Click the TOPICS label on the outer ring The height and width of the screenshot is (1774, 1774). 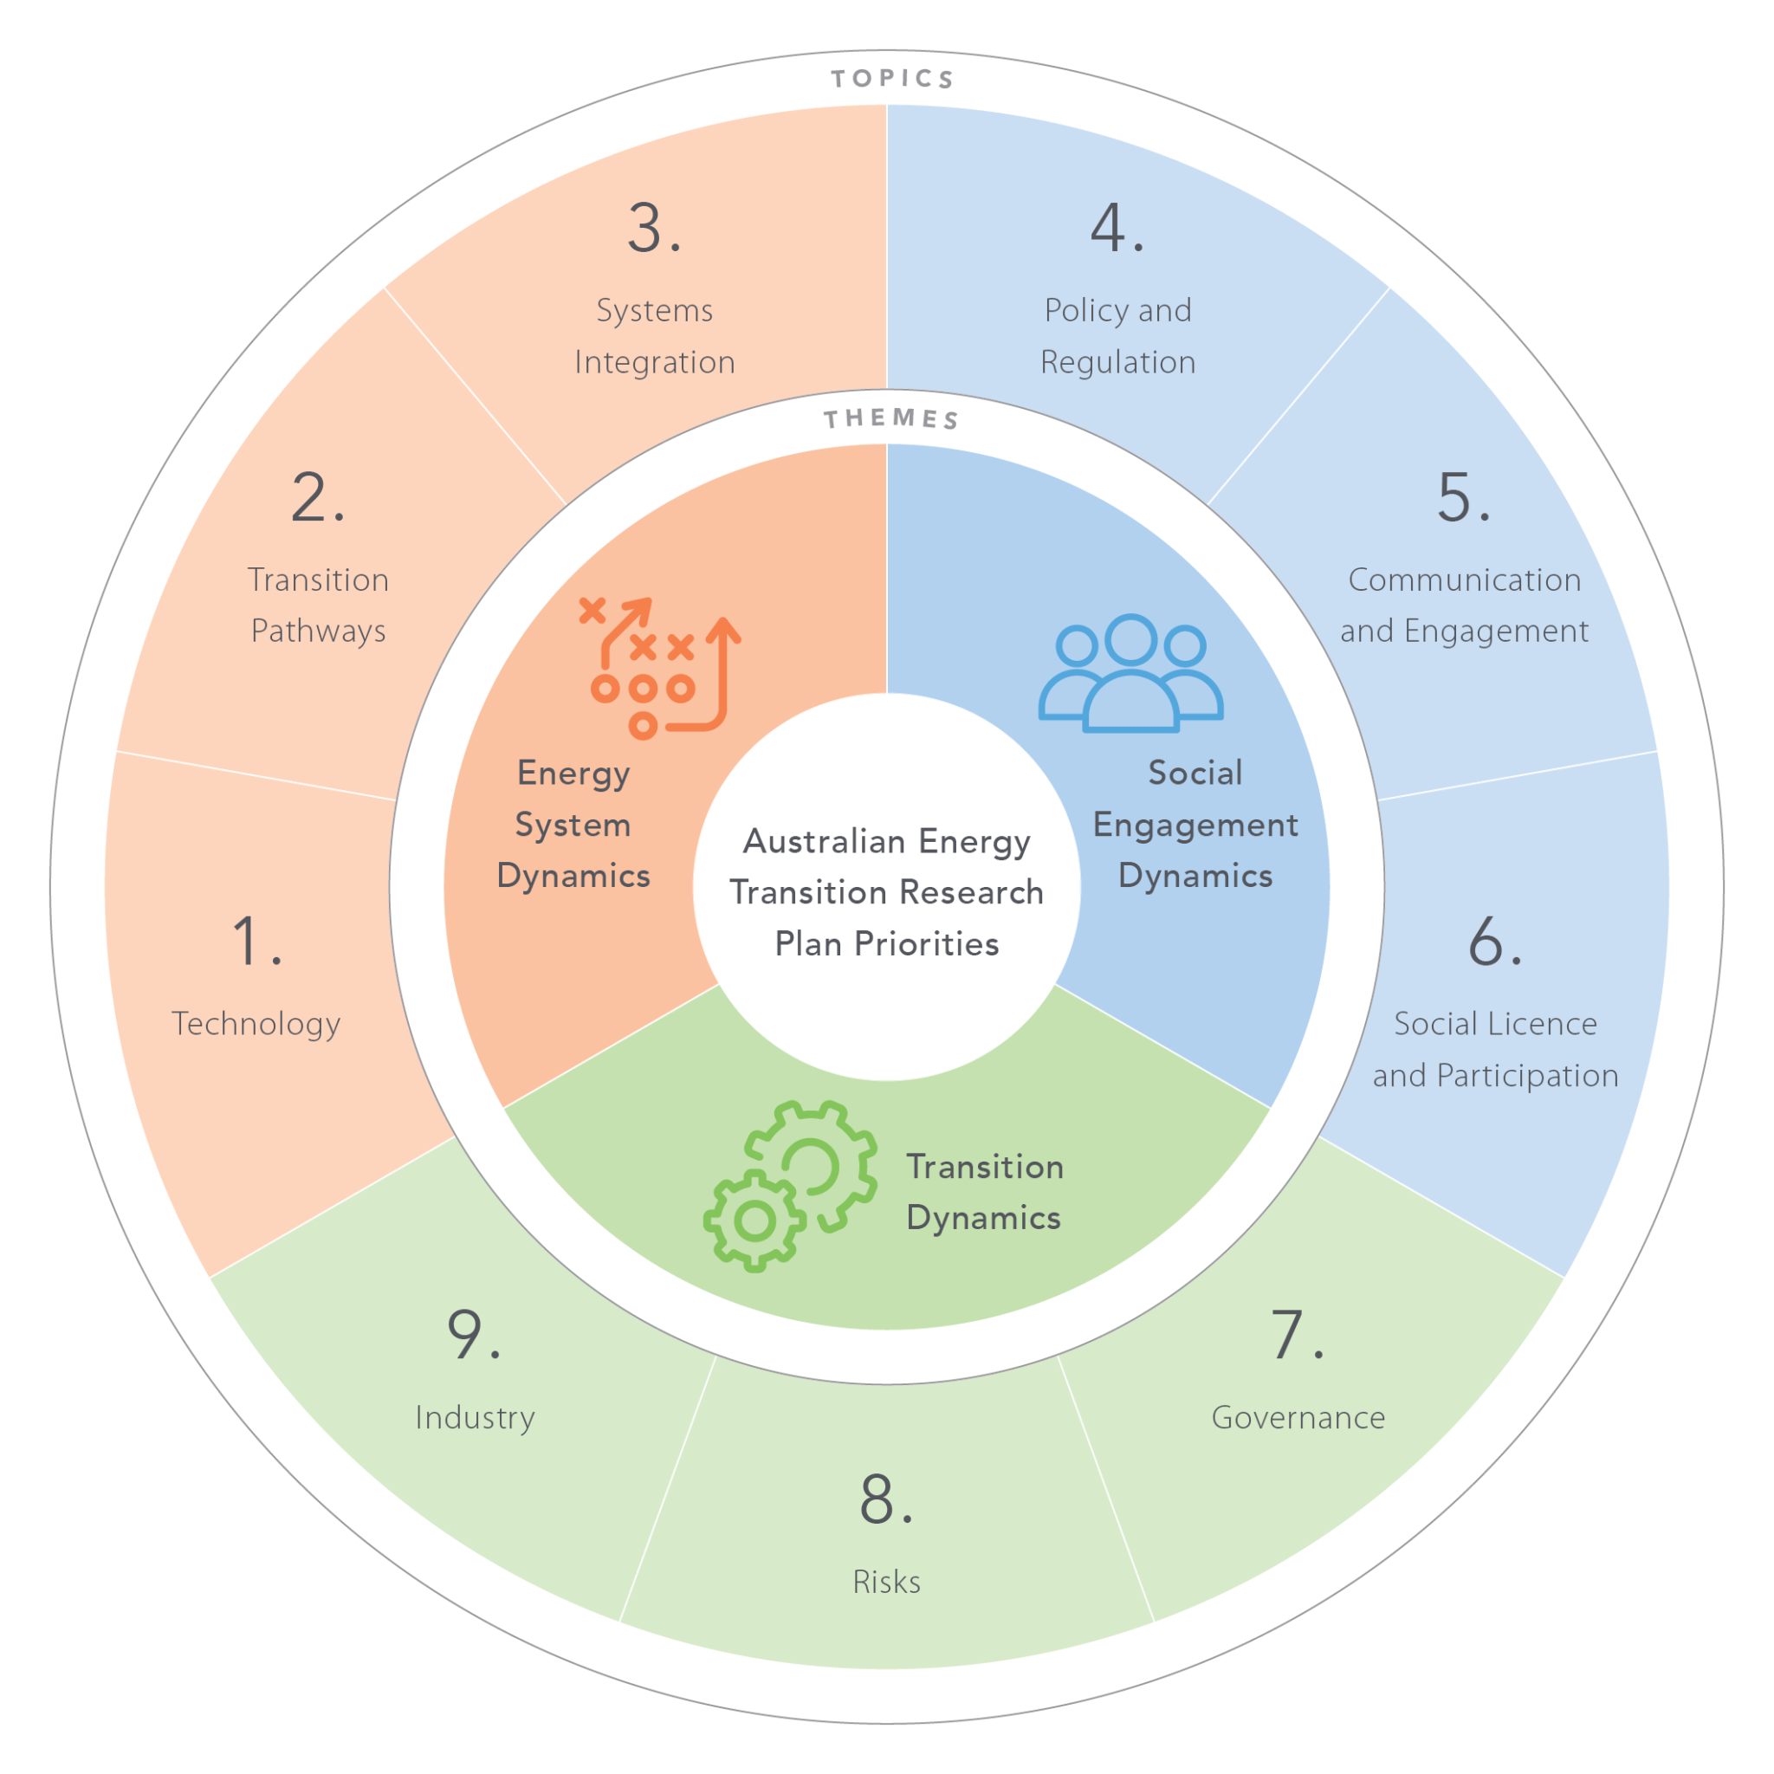coord(892,79)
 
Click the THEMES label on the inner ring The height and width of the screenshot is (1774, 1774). coord(891,419)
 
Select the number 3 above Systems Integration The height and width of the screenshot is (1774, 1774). coord(653,228)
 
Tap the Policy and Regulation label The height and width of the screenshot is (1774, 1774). coord(1117,336)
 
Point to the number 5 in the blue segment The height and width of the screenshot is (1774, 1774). coord(1462,498)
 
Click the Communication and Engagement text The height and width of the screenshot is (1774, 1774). coord(1464,605)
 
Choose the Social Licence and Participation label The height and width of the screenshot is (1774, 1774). coord(1495,1049)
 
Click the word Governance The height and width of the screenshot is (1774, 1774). coord(1298,1417)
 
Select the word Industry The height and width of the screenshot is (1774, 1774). coord(475,1417)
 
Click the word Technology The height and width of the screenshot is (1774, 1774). coord(256,1023)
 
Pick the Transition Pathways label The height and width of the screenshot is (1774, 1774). coord(319,605)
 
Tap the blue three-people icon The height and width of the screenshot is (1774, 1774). coord(1130,673)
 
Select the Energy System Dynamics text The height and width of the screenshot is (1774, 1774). coord(573,825)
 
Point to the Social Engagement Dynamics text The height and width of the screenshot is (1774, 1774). coord(1195,825)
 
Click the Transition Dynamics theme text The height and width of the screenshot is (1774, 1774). coord(984,1192)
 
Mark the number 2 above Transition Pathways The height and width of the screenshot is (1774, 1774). coord(317,498)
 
